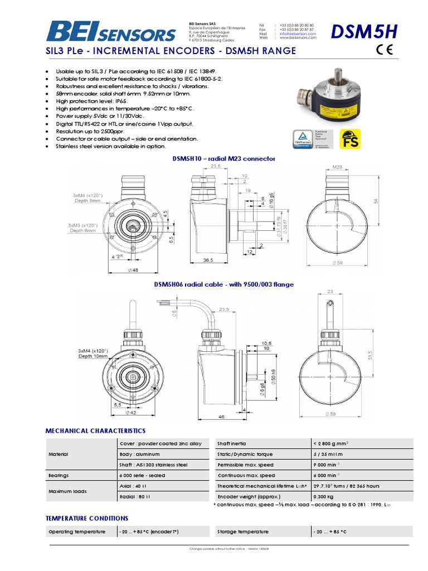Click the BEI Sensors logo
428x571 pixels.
pyautogui.click(x=111, y=31)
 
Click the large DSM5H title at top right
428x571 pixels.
pyautogui.click(x=364, y=33)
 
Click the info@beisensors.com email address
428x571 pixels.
pyautogui.click(x=298, y=33)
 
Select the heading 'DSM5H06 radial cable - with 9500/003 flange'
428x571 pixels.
pyautogui.click(x=223, y=284)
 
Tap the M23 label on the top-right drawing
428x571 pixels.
pyautogui.click(x=337, y=167)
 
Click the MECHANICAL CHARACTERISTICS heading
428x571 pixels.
pyautogui.click(x=95, y=431)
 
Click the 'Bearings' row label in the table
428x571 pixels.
pyautogui.click(x=59, y=476)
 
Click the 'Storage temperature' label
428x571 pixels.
pyautogui.click(x=242, y=531)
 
